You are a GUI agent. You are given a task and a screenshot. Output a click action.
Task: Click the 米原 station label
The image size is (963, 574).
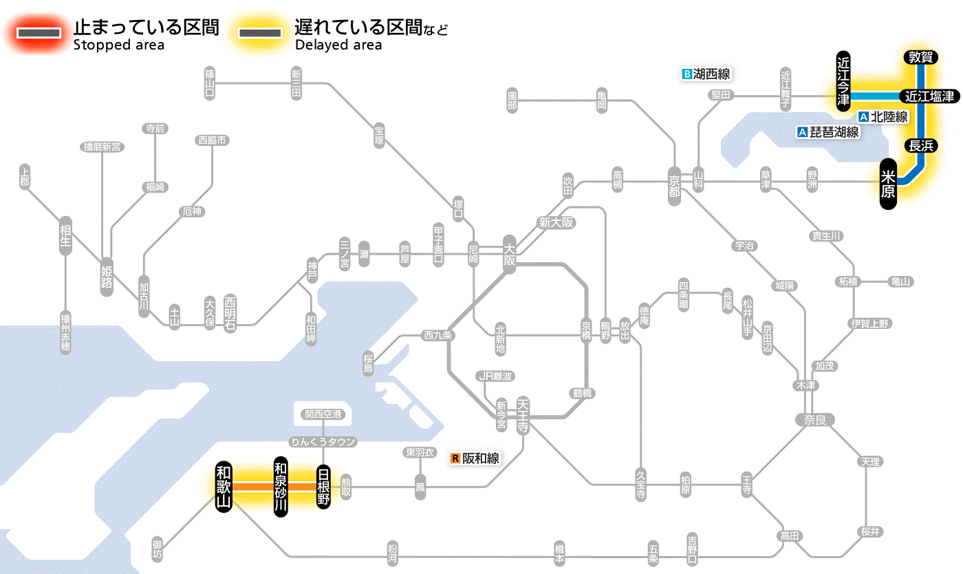[888, 184]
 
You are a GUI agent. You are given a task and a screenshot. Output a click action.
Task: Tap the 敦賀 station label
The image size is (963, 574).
[920, 58]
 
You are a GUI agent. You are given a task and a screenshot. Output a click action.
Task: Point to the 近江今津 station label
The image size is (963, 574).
[843, 80]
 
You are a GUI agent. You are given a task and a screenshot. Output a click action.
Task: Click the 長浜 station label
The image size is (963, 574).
[920, 145]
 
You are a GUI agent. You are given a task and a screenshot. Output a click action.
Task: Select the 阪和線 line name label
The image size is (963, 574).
[481, 458]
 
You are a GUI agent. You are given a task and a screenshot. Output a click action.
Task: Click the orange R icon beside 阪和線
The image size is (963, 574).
[455, 458]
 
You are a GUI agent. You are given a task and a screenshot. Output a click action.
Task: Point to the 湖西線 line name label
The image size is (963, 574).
[711, 74]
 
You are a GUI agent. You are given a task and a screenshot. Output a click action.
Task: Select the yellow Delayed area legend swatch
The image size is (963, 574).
[259, 33]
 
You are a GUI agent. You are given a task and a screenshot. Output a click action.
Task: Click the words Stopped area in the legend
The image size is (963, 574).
[119, 45]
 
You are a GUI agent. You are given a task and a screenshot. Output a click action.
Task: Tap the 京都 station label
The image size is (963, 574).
[674, 183]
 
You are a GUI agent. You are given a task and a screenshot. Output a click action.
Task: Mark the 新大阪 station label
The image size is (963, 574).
[556, 222]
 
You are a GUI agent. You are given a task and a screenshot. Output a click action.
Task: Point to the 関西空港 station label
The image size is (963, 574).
[323, 414]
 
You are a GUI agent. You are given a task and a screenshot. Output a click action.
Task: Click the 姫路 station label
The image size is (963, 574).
[107, 277]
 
